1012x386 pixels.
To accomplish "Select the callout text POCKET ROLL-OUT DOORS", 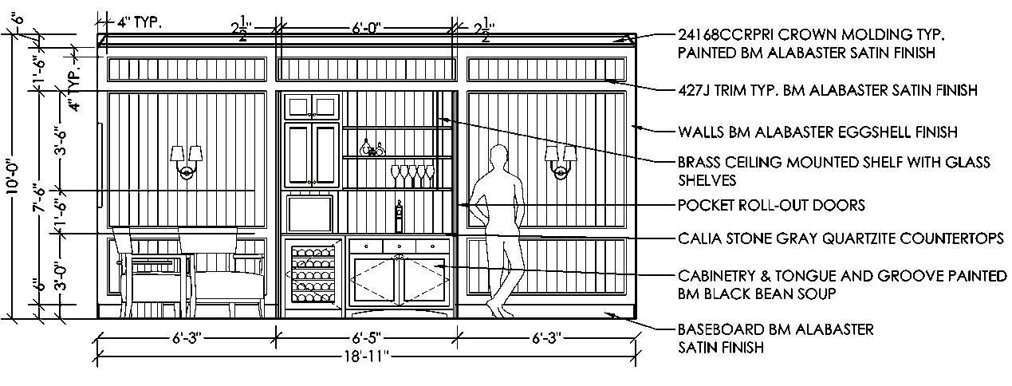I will (770, 205).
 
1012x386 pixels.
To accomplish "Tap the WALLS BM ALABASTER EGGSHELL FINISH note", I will (817, 132).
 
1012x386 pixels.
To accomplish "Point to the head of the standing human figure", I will (499, 156).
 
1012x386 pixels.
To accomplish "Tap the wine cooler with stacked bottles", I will (312, 274).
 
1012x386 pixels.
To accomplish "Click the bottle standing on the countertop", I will (399, 218).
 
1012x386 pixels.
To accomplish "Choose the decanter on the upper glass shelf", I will (368, 147).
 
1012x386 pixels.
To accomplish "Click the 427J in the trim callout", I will (695, 91).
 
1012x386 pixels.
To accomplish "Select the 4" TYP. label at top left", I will (140, 22).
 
